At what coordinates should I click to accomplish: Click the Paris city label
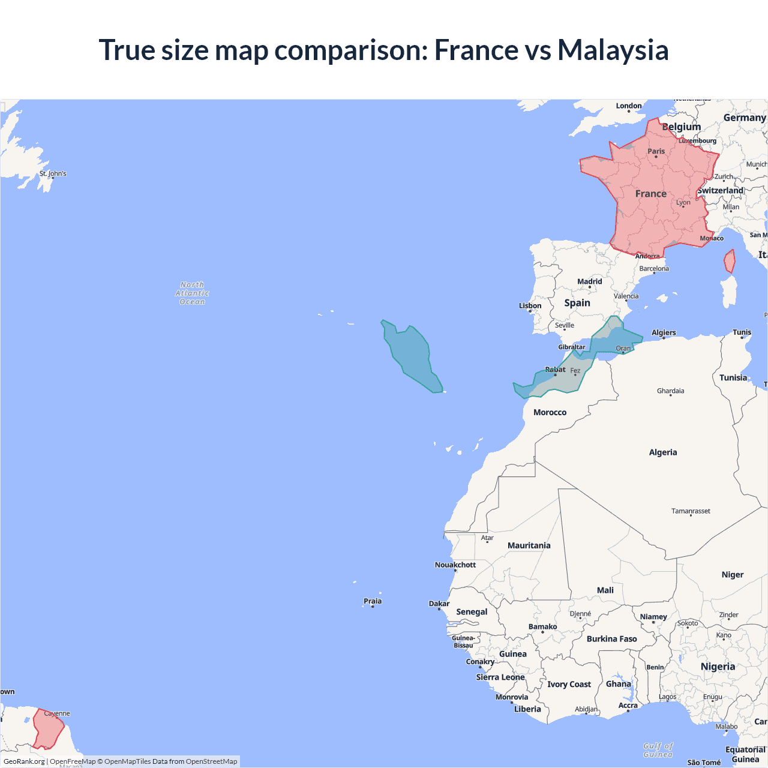(656, 151)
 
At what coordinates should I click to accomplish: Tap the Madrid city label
(589, 281)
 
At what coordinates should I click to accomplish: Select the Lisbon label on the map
(530, 306)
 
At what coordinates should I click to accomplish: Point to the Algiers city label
(664, 332)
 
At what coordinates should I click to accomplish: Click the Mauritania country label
(529, 545)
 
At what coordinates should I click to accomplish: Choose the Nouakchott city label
(455, 565)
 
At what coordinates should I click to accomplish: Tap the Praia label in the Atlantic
(372, 601)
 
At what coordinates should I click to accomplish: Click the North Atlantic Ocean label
(192, 293)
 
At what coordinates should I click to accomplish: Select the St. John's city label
(53, 174)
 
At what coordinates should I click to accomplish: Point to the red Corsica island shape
(730, 262)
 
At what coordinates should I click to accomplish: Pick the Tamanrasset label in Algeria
(691, 511)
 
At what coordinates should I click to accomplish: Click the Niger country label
(732, 575)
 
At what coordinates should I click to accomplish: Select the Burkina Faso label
(611, 639)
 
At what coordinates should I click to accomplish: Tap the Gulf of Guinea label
(658, 750)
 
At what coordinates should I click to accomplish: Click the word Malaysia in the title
(613, 50)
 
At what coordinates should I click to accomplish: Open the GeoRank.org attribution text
(24, 761)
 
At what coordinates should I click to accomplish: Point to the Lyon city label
(683, 203)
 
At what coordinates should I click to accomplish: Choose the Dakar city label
(439, 604)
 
